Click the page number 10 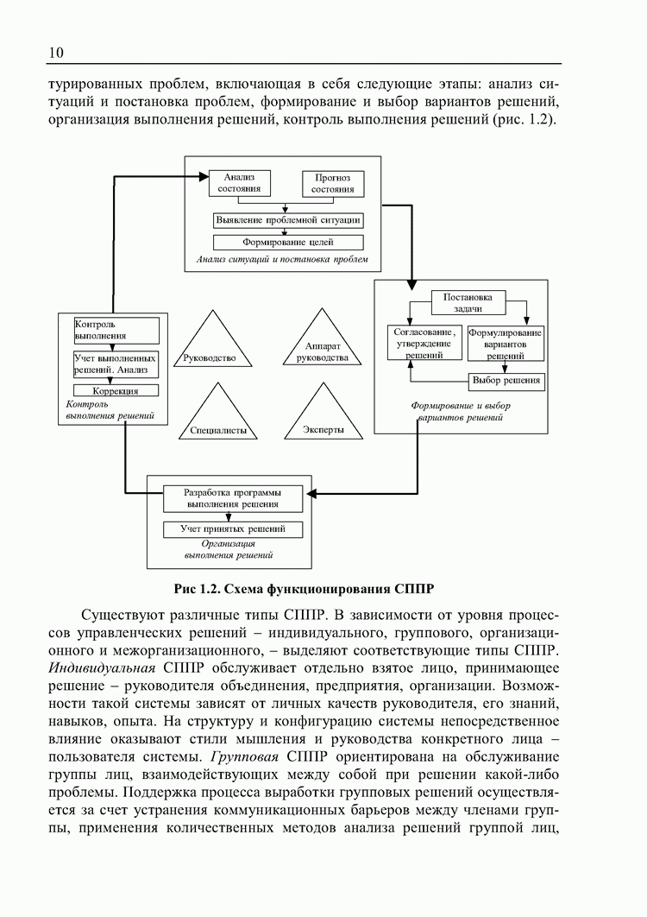click(56, 53)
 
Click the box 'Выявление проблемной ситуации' click(287, 220)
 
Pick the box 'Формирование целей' click(287, 243)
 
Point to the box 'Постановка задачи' click(468, 302)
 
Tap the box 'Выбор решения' click(506, 380)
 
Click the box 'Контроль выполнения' click(115, 330)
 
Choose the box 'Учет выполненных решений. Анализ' click(115, 364)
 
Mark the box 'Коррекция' click(115, 390)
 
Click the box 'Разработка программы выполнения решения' click(232, 498)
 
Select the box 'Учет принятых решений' click(232, 528)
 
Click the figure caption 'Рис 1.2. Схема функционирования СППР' click(303, 590)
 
